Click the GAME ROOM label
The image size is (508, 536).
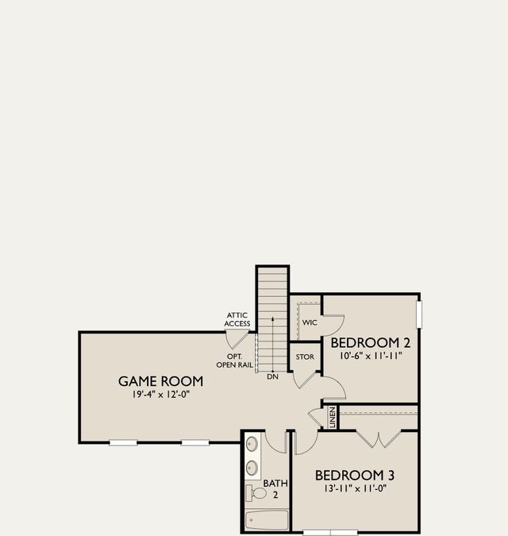pyautogui.click(x=155, y=381)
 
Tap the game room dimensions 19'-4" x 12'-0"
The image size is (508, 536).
pyautogui.click(x=162, y=395)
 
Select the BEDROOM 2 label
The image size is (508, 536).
pyautogui.click(x=370, y=343)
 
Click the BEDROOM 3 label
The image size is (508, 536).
pyautogui.click(x=355, y=475)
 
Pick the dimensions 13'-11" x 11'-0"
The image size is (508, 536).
pyautogui.click(x=355, y=488)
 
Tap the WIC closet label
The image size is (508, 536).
pyautogui.click(x=309, y=323)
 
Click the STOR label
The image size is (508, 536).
pyautogui.click(x=305, y=357)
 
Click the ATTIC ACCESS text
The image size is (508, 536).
pyautogui.click(x=237, y=319)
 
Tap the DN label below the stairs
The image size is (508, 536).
pyautogui.click(x=272, y=376)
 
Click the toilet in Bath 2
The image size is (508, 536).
pyautogui.click(x=256, y=492)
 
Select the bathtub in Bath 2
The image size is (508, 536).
pyautogui.click(x=267, y=521)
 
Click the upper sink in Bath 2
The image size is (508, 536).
pyautogui.click(x=252, y=444)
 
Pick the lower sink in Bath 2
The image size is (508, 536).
pyautogui.click(x=252, y=467)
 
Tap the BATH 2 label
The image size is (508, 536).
pyautogui.click(x=276, y=488)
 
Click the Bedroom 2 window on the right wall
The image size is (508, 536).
pyautogui.click(x=419, y=313)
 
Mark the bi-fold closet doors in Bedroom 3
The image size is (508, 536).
pyautogui.click(x=379, y=437)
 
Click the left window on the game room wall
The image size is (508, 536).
pyautogui.click(x=123, y=442)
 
